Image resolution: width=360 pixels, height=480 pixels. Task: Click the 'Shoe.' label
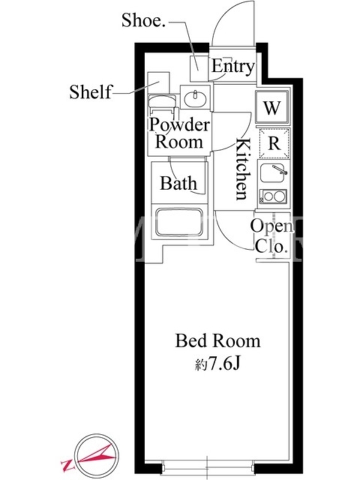tap(143, 21)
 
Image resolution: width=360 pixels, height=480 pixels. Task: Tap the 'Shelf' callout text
tap(91, 92)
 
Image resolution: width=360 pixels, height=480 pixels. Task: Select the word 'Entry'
tap(233, 67)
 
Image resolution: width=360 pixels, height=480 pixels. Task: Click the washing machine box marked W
tap(272, 107)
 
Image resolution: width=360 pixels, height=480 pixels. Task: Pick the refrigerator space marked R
tap(274, 143)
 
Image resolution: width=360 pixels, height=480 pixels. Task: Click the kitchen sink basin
tap(274, 173)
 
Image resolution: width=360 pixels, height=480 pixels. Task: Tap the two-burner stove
tap(274, 197)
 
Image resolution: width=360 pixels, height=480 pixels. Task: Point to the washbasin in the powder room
tap(195, 97)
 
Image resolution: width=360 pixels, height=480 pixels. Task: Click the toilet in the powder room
tap(162, 104)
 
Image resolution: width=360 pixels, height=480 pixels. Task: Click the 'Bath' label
tap(178, 183)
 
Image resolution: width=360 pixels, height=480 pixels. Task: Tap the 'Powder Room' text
tap(179, 133)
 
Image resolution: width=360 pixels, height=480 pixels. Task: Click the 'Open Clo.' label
tap(272, 236)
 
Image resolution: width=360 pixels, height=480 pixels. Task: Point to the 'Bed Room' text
tap(218, 341)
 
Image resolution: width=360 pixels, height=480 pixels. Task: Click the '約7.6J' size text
tap(217, 364)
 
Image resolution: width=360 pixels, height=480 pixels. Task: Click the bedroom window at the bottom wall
tap(207, 469)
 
